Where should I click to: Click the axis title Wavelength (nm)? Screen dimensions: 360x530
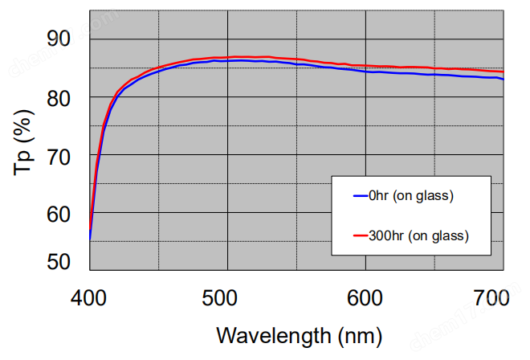tap(297, 333)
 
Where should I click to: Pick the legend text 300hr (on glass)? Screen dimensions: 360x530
tap(417, 235)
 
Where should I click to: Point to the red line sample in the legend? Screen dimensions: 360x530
tap(357, 235)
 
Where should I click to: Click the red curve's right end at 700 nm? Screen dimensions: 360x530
tap(503, 72)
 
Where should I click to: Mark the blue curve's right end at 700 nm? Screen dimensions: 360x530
tap(503, 79)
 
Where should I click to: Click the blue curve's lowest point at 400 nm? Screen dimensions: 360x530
tap(90, 239)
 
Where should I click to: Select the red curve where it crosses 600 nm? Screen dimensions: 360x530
tap(365, 65)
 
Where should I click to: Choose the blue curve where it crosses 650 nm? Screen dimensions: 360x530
tap(434, 74)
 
